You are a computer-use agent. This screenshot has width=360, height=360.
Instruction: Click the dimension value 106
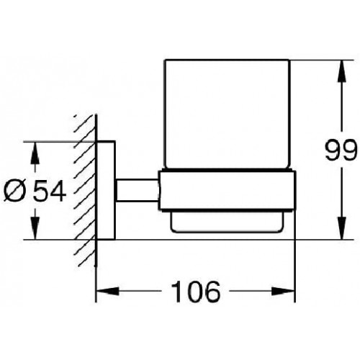click(x=196, y=292)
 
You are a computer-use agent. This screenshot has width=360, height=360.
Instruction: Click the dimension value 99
click(x=341, y=150)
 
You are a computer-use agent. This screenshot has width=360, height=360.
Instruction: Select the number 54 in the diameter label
click(x=50, y=192)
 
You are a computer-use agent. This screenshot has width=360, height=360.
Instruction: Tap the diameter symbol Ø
click(x=15, y=192)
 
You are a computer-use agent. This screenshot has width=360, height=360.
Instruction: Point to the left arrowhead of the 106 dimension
click(x=107, y=292)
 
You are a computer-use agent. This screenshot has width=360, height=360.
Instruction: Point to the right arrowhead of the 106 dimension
click(x=283, y=292)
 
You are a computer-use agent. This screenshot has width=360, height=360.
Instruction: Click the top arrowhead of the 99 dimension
click(x=342, y=71)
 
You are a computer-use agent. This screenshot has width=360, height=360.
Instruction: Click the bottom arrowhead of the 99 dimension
click(x=342, y=228)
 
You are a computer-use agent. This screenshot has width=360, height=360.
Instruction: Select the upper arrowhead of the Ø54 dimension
click(x=35, y=153)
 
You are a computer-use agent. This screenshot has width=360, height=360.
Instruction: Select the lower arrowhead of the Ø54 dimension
click(x=35, y=228)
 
